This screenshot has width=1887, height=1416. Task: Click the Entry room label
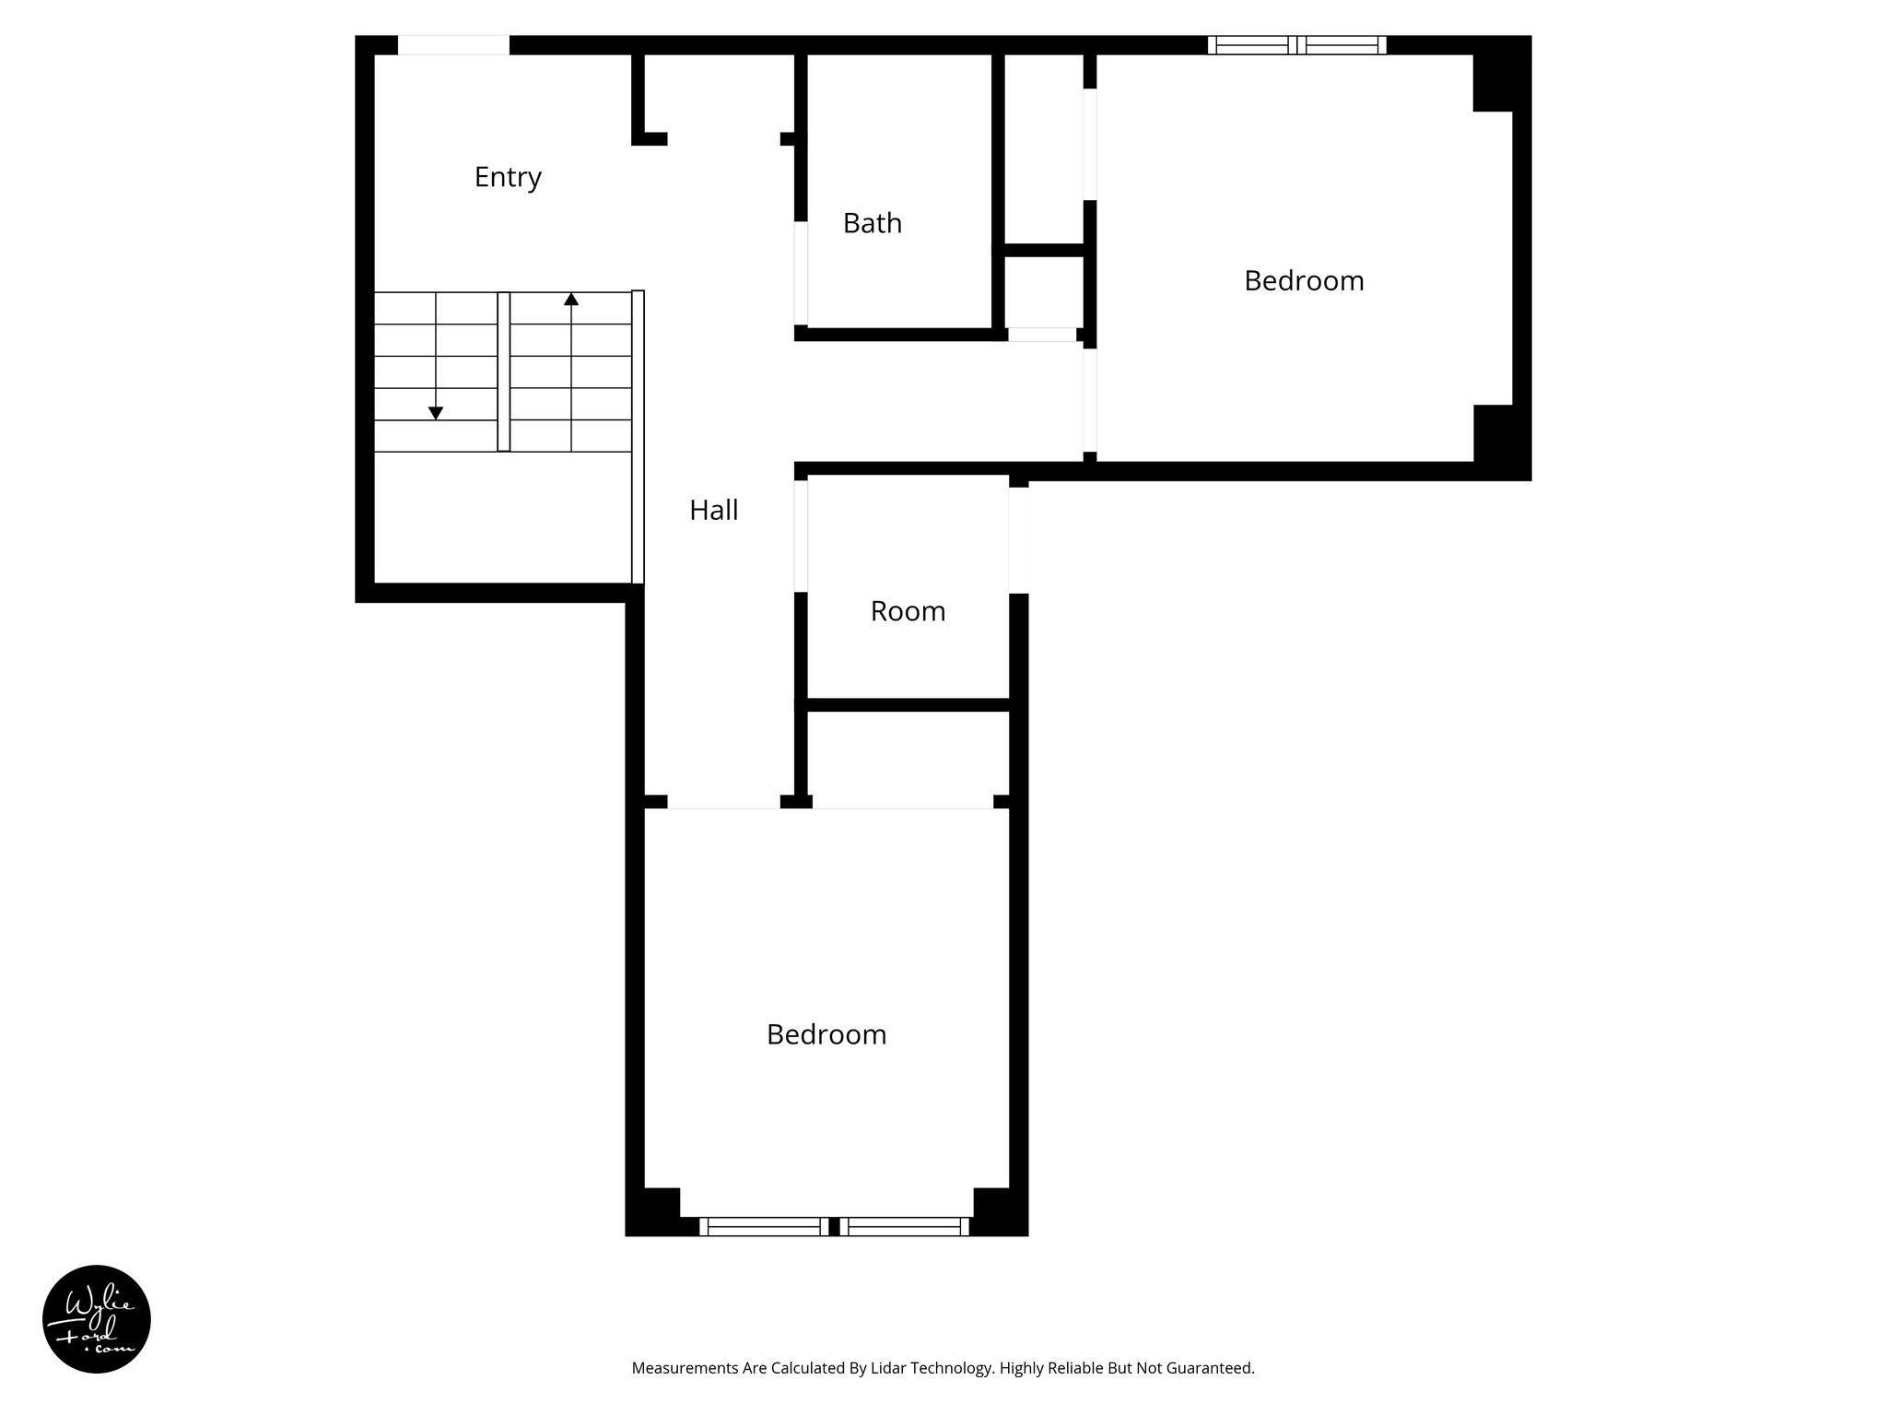[508, 177]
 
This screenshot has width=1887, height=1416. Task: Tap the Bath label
[872, 223]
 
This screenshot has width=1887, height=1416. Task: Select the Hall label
[713, 510]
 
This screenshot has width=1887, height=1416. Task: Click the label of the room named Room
[908, 611]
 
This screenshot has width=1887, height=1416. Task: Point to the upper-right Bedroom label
[1303, 280]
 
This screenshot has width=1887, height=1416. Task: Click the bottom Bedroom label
[826, 1034]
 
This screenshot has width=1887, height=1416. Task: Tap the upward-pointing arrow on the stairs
[571, 300]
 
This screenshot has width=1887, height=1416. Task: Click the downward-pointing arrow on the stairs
[436, 413]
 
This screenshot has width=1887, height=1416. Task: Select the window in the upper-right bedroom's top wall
[1296, 44]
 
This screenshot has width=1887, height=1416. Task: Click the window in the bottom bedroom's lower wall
[834, 1226]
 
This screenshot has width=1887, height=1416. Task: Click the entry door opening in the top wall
[452, 44]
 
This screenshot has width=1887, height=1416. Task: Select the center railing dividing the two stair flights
[503, 372]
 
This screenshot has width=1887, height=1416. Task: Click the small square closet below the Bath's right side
[1043, 290]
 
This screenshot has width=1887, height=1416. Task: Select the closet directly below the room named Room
[908, 754]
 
